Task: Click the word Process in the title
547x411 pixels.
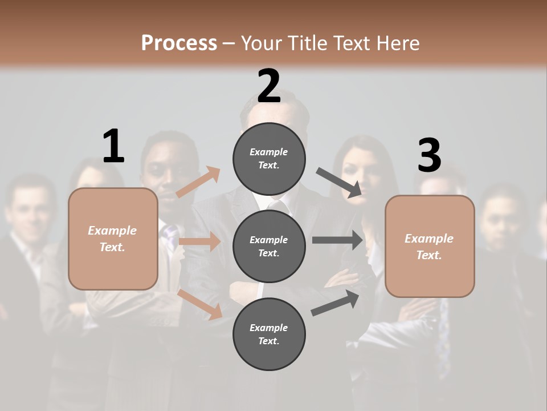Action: tap(179, 43)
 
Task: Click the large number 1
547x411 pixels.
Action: tap(113, 146)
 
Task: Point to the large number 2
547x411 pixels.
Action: tap(269, 86)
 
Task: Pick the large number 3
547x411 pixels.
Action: tap(429, 156)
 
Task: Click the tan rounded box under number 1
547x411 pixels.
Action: tap(113, 239)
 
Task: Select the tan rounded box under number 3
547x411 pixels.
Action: tap(430, 246)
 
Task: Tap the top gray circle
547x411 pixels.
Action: tap(269, 159)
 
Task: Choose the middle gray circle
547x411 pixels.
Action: tap(269, 246)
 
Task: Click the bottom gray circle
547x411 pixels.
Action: tap(269, 334)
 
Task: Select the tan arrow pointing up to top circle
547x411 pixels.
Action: tap(198, 182)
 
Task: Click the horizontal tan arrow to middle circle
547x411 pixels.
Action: tap(199, 241)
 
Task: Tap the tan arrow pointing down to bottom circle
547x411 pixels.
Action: tap(200, 304)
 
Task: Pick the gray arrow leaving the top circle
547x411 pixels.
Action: tap(339, 183)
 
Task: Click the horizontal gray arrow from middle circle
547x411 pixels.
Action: tap(337, 240)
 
